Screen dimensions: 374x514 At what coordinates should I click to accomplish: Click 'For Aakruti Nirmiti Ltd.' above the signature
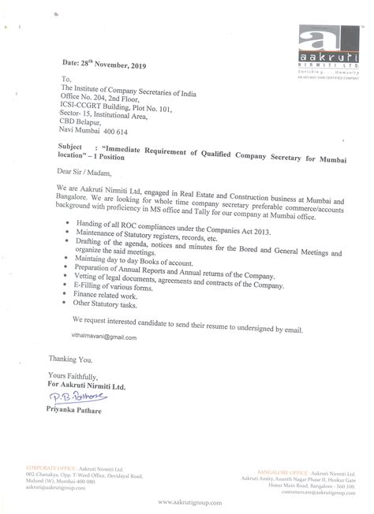[x=77, y=385]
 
